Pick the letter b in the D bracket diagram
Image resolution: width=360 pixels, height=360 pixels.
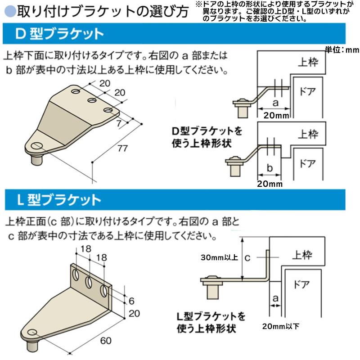(270, 167)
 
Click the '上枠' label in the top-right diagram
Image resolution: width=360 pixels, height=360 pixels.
(308, 63)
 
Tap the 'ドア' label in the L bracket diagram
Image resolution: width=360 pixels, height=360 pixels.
(302, 284)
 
